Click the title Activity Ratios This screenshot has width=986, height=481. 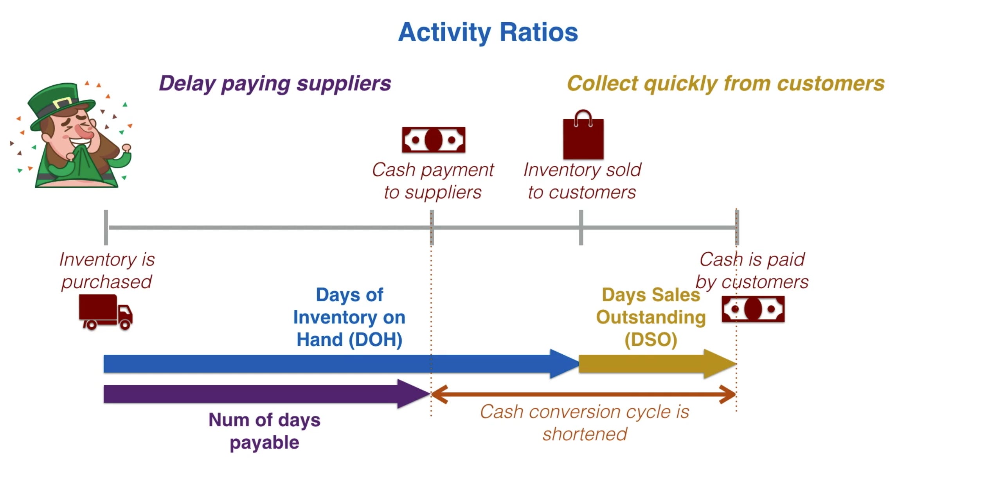pos(488,32)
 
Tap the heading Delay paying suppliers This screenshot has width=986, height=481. pos(275,83)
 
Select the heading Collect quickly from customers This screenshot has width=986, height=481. pos(725,83)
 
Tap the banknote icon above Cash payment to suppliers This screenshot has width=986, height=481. pos(434,140)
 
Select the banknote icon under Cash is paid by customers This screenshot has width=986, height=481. pos(753,309)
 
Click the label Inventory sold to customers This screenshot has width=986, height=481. pos(582,181)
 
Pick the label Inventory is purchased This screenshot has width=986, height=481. pos(106,271)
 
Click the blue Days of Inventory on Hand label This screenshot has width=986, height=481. pos(349,317)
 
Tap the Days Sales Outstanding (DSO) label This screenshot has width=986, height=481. pos(651,317)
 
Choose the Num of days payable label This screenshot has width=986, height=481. pos(264,431)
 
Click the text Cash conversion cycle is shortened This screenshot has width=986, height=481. pos(585,423)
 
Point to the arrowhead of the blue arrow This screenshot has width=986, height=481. pos(564,364)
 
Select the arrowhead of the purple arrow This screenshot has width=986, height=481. pos(413,394)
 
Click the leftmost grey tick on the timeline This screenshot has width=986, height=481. pos(106,228)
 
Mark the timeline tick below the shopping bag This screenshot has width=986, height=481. pos(581,228)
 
